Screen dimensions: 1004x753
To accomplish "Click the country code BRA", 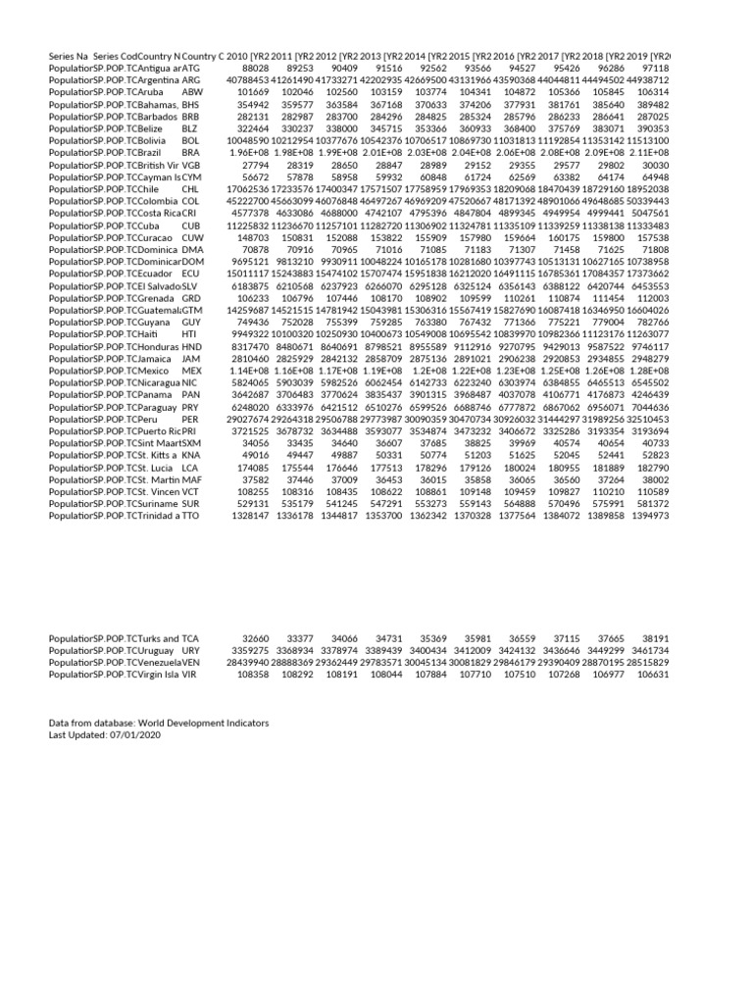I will pos(191,153).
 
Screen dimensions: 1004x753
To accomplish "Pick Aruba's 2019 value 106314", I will pos(654,90).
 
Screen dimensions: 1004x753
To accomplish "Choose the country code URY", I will pos(191,650).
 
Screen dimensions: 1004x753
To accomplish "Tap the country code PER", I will pos(190,420).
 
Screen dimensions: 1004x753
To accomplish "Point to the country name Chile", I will pos(161,188).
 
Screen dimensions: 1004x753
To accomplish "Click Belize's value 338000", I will pos(342,127).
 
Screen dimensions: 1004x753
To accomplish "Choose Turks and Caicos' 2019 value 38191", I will pos(654,638).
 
